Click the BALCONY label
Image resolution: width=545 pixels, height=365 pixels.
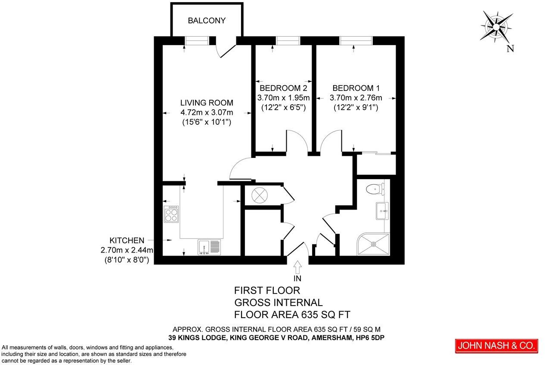tap(207, 21)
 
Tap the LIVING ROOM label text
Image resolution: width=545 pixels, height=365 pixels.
tap(207, 103)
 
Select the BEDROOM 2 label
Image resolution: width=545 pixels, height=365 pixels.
tap(284, 88)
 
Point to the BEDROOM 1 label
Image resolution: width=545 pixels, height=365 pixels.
tap(356, 88)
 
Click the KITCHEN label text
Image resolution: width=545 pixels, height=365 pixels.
tap(127, 240)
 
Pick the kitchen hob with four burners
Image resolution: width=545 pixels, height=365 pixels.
tap(171, 214)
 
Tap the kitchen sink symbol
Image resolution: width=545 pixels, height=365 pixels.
tap(209, 247)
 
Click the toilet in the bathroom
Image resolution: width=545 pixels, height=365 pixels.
tap(375, 188)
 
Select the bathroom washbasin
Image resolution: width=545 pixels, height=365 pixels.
tap(382, 211)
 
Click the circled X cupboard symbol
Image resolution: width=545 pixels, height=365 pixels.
tap(260, 195)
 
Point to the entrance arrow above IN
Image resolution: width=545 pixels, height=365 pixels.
tap(297, 267)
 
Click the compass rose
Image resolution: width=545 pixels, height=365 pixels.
tap(496, 27)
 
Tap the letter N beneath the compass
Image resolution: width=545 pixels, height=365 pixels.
tap(511, 49)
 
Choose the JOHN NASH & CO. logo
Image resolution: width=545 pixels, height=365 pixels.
tap(496, 346)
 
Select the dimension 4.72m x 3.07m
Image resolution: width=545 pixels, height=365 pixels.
tap(207, 112)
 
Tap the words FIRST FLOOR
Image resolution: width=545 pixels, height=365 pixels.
tap(267, 291)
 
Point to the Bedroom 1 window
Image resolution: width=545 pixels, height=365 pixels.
tap(356, 40)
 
